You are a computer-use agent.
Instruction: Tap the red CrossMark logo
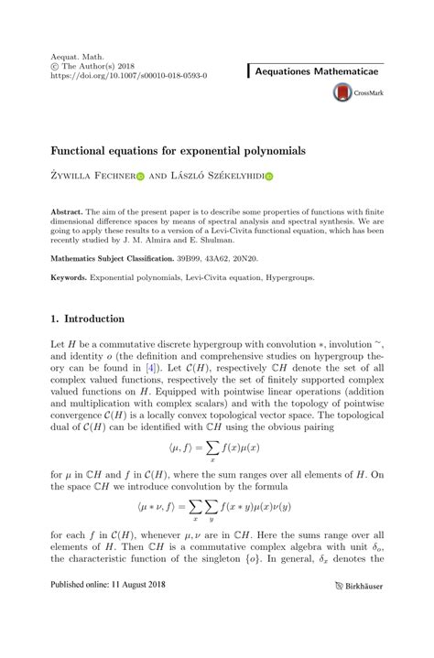point(343,92)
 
